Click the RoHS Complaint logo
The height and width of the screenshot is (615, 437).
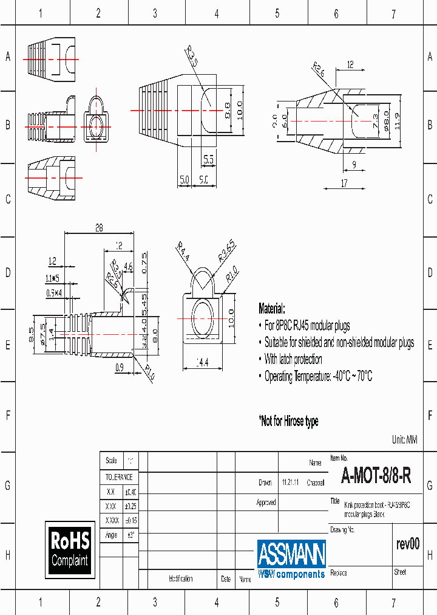pyautogui.click(x=70, y=549)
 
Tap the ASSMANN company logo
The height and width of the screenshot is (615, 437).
pyautogui.click(x=291, y=558)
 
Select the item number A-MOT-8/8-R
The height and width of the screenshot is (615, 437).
pyautogui.click(x=376, y=475)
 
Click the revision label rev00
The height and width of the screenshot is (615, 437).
pyautogui.click(x=407, y=544)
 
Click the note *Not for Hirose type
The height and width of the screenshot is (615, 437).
pyautogui.click(x=288, y=421)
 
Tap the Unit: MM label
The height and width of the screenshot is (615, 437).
pyautogui.click(x=405, y=439)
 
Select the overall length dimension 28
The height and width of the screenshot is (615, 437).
pyautogui.click(x=99, y=228)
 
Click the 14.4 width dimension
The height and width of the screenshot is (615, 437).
pyautogui.click(x=203, y=363)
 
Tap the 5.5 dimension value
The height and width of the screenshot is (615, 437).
pyautogui.click(x=208, y=160)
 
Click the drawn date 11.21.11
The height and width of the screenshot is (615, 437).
pyautogui.click(x=290, y=483)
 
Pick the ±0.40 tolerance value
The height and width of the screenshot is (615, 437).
pyautogui.click(x=130, y=492)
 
